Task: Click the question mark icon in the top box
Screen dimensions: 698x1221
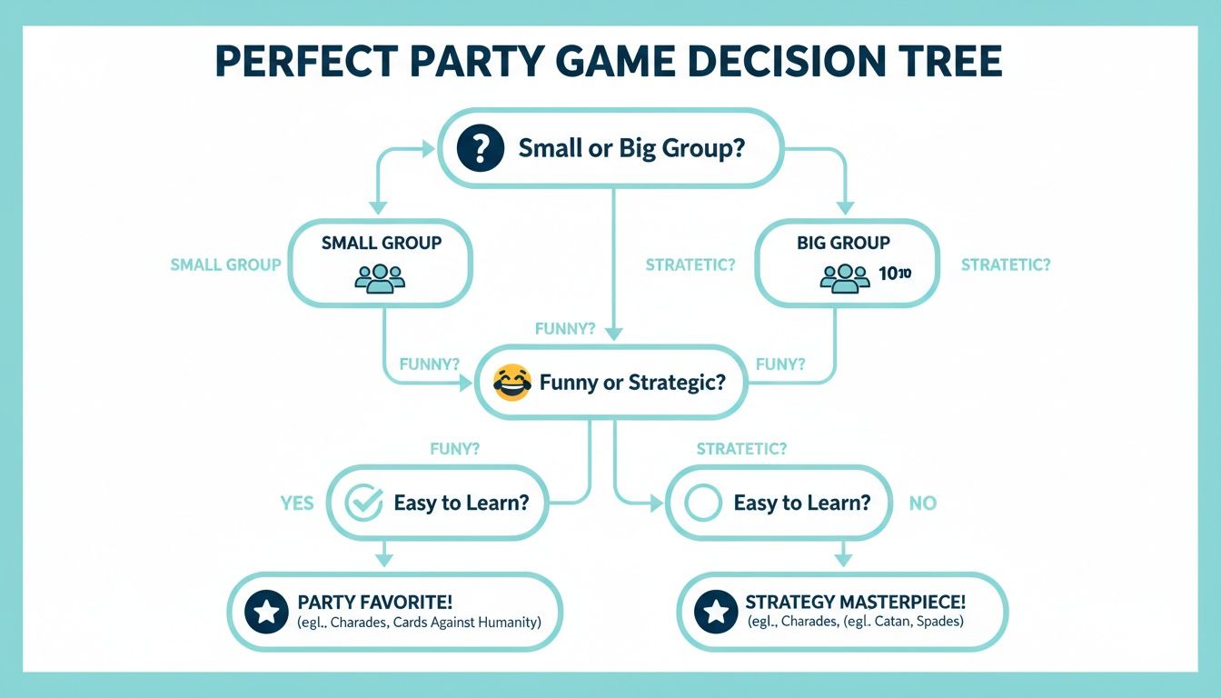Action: pos(479,147)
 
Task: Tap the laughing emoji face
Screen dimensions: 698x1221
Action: pos(511,382)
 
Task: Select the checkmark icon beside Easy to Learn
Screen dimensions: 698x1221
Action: pos(365,503)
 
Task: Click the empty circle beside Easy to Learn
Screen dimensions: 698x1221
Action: pos(702,503)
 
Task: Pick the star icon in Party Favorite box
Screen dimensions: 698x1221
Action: pos(267,612)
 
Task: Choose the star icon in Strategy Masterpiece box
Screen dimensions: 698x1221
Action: pos(716,612)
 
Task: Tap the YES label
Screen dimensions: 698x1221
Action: pos(296,503)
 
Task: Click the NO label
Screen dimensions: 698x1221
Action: pos(922,503)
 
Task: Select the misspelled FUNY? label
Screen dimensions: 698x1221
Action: pos(454,448)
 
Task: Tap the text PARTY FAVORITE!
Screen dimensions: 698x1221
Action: pos(375,602)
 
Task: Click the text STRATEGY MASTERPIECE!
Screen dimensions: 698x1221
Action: pos(855,602)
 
